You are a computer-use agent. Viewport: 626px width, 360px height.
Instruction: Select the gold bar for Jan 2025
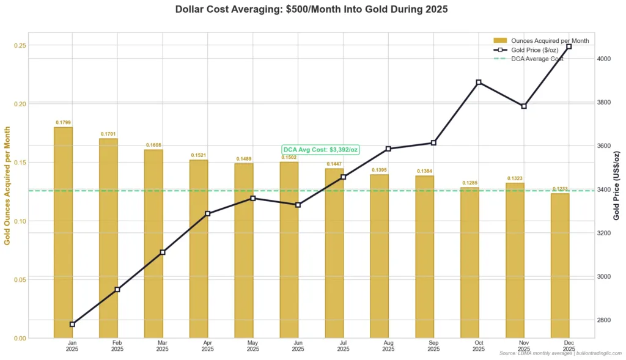coord(63,232)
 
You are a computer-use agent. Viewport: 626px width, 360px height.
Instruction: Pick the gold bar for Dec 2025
coord(560,265)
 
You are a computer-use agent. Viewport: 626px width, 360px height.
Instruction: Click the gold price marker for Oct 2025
coord(479,82)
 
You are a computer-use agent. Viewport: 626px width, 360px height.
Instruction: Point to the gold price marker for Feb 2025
coord(117,289)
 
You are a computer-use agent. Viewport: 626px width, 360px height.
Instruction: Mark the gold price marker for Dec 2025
coord(569,46)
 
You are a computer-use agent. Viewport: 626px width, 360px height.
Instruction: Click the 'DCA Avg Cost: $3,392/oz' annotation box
coord(320,150)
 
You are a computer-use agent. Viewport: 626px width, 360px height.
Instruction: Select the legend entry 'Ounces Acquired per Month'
coord(550,40)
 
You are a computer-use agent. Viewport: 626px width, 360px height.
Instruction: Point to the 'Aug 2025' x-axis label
coord(388,347)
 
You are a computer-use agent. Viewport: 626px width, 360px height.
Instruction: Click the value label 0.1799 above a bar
coord(63,122)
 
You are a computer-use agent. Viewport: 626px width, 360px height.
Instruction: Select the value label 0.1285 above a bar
coord(469,183)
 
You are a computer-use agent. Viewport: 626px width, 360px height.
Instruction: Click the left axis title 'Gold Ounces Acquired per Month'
coord(7,185)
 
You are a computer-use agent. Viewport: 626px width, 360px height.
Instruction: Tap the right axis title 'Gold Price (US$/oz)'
coord(617,185)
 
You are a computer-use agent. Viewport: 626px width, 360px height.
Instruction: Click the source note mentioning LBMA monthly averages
coord(560,353)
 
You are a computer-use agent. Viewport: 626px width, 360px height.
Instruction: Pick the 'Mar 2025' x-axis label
coord(162,347)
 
